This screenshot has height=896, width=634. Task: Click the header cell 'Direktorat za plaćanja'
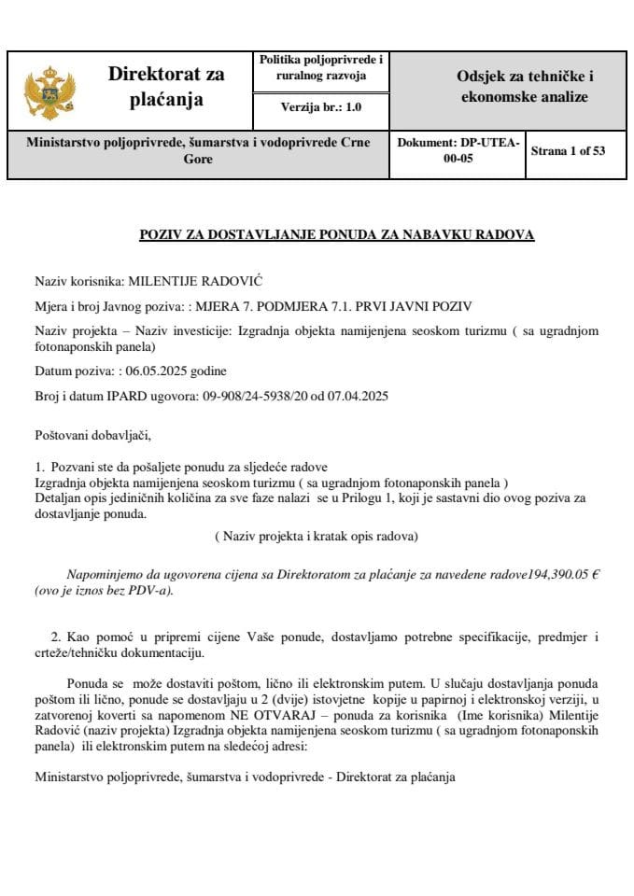pyautogui.click(x=166, y=86)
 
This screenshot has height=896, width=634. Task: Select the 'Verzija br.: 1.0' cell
pyautogui.click(x=320, y=108)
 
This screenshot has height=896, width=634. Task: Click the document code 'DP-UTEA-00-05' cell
pyautogui.click(x=458, y=150)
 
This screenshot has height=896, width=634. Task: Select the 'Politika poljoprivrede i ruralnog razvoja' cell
pyautogui.click(x=320, y=67)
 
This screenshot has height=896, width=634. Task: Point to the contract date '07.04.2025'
pyautogui.click(x=357, y=396)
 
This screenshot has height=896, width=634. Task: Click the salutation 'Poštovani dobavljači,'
pyautogui.click(x=92, y=435)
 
